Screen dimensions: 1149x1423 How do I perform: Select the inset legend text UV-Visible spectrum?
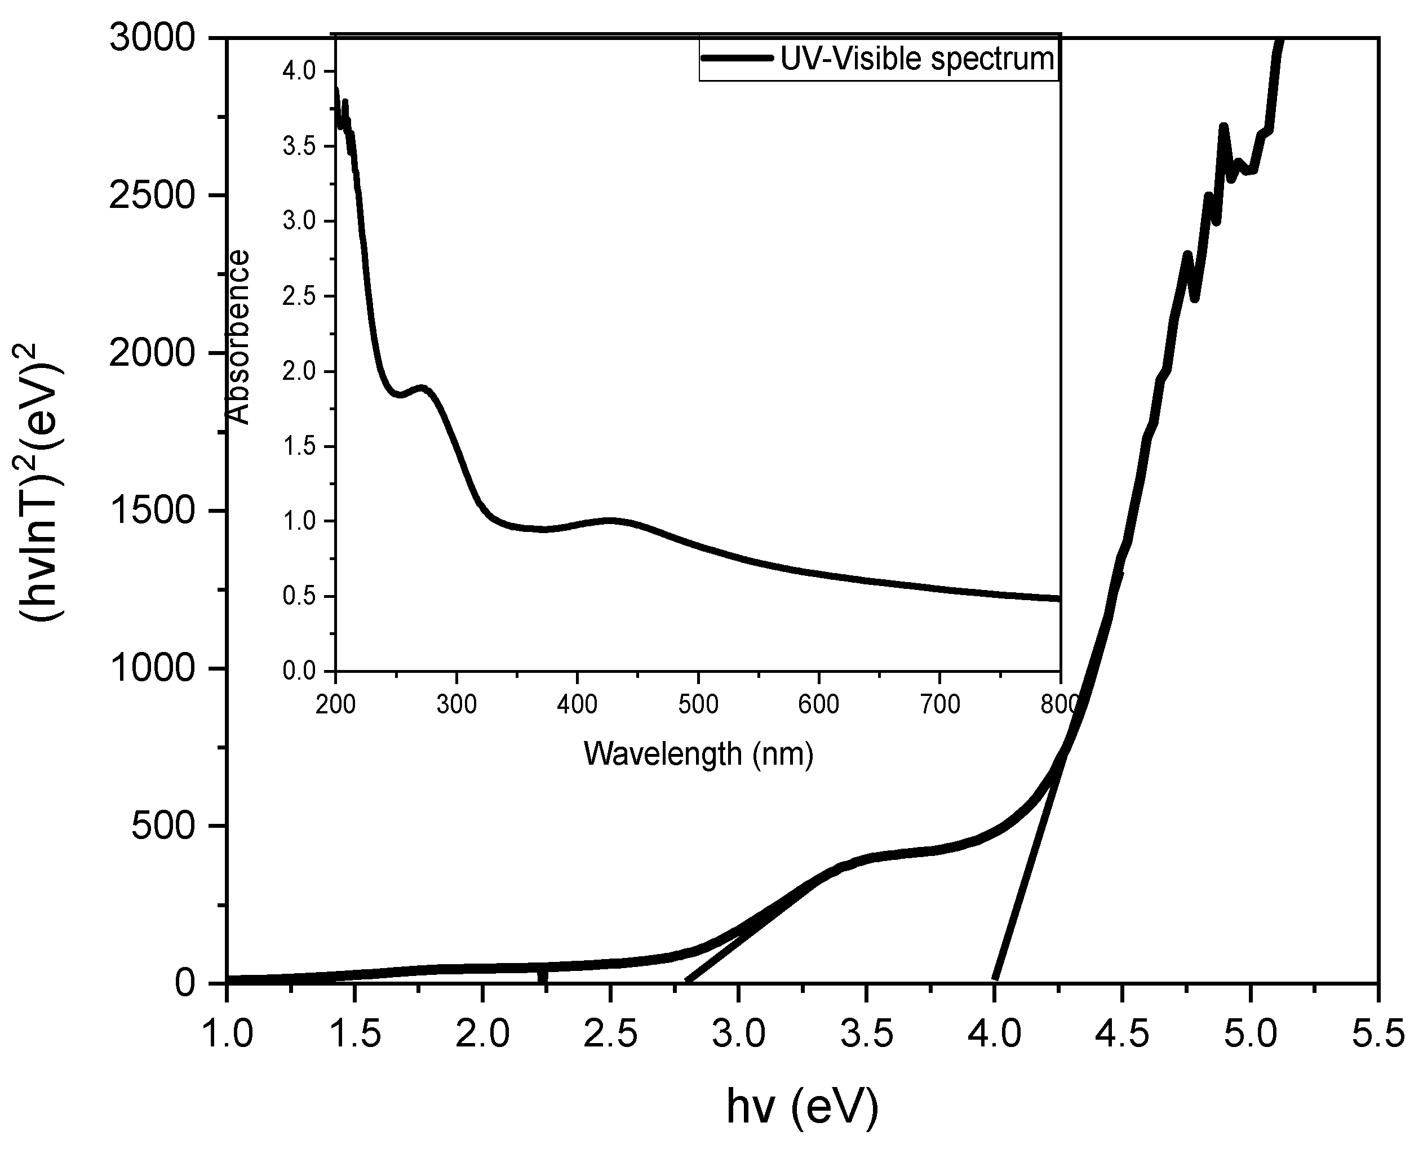(x=917, y=60)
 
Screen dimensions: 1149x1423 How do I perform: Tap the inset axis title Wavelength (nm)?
(x=698, y=753)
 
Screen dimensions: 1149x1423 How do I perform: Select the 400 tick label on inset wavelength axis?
(x=577, y=704)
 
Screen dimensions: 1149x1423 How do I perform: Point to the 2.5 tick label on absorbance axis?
(x=299, y=296)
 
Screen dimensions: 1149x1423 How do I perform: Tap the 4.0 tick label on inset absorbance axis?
(x=299, y=71)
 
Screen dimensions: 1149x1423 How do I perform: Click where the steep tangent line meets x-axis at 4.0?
(x=995, y=980)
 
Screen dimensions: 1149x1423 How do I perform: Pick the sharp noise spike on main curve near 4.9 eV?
(x=1223, y=127)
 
